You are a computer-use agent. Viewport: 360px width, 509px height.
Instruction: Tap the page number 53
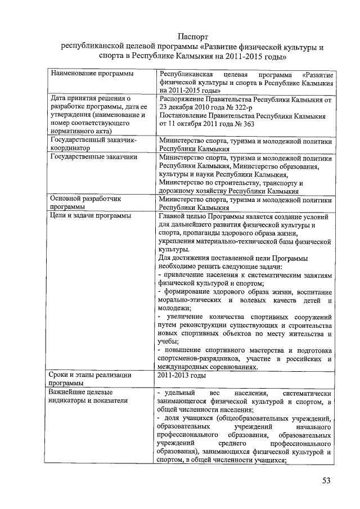pyautogui.click(x=326, y=480)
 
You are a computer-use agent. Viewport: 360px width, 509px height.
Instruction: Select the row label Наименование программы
pyautogui.click(x=87, y=74)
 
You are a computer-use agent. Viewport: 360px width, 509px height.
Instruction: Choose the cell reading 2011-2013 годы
pyautogui.click(x=182, y=375)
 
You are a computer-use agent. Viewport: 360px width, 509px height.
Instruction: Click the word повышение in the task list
pyautogui.click(x=188, y=350)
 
